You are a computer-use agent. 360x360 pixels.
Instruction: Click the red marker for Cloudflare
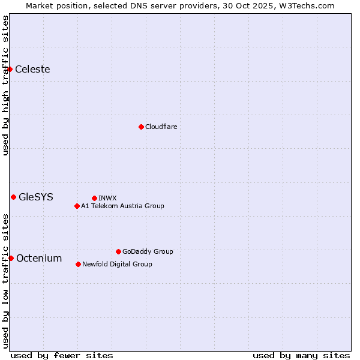(141, 127)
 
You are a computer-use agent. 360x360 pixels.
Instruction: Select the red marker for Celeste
(10, 70)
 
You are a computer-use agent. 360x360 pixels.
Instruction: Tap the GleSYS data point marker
(13, 197)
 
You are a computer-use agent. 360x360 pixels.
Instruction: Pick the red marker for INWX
(94, 198)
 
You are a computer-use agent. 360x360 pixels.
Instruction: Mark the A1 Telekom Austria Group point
(77, 206)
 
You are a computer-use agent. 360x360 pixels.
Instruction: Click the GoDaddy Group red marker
(118, 251)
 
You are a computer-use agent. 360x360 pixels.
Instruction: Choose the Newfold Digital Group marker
(78, 264)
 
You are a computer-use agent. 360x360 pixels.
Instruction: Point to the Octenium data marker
(11, 258)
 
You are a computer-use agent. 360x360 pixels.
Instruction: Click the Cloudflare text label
(161, 127)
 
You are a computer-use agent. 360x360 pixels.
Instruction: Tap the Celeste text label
(32, 69)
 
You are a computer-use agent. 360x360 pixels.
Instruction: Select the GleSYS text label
(36, 197)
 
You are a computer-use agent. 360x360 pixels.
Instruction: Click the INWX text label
(107, 198)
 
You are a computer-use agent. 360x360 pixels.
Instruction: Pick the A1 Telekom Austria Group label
(122, 206)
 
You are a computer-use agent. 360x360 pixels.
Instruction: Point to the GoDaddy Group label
(148, 251)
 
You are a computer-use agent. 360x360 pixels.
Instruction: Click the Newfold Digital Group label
(117, 264)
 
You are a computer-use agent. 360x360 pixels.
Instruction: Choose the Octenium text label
(39, 258)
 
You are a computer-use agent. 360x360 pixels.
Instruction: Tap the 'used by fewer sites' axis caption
(62, 355)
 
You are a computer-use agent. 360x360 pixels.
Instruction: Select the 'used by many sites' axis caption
(301, 355)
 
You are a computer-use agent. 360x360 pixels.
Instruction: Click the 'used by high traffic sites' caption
(5, 85)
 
